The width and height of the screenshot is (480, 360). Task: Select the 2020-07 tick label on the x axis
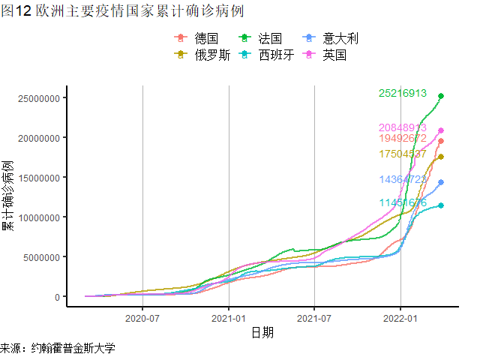tap(142, 319)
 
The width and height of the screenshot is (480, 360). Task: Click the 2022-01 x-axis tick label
tap(400, 319)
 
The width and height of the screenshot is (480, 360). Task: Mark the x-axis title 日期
tap(262, 332)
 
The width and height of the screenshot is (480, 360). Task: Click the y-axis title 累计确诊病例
tap(8, 195)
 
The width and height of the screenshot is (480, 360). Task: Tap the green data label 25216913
tap(403, 94)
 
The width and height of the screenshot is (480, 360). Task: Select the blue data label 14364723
tap(403, 180)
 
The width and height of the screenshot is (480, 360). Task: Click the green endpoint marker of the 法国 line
tap(441, 96)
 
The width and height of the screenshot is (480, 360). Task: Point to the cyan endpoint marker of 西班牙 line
tap(441, 205)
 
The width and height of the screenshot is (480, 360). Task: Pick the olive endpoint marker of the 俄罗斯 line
tap(441, 157)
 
